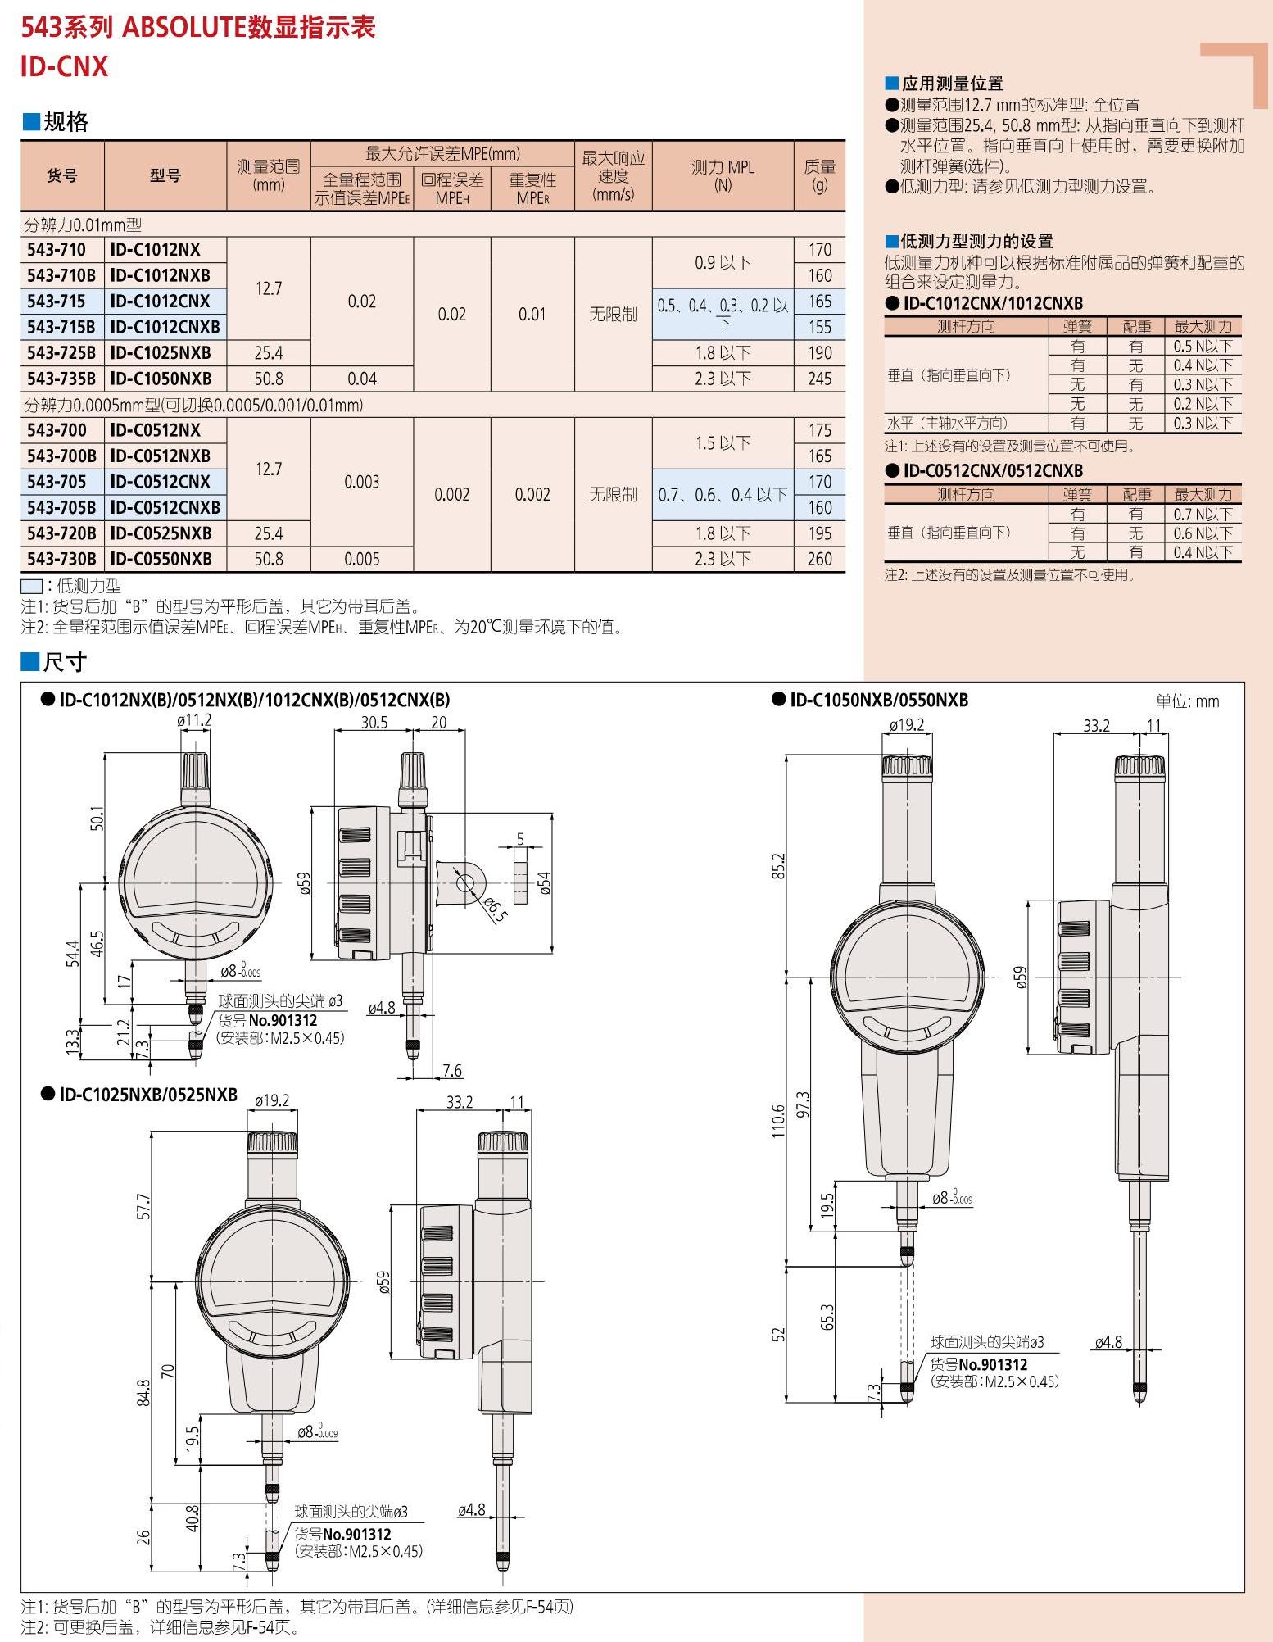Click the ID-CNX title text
click(x=64, y=66)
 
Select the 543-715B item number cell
click(x=61, y=327)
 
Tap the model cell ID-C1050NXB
click(x=161, y=379)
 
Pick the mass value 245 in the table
click(x=819, y=379)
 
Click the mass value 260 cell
click(x=819, y=559)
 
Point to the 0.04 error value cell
click(x=361, y=379)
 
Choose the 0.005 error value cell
click(x=361, y=559)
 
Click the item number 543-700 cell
click(x=57, y=430)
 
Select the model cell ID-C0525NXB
click(x=161, y=533)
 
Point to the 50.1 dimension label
click(x=97, y=819)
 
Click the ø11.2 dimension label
click(x=194, y=720)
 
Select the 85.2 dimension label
click(x=778, y=866)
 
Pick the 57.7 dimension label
click(x=144, y=1206)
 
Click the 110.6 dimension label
click(x=778, y=1121)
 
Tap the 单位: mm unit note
click(x=1187, y=701)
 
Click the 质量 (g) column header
click(x=819, y=175)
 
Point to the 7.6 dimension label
click(x=451, y=1070)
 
